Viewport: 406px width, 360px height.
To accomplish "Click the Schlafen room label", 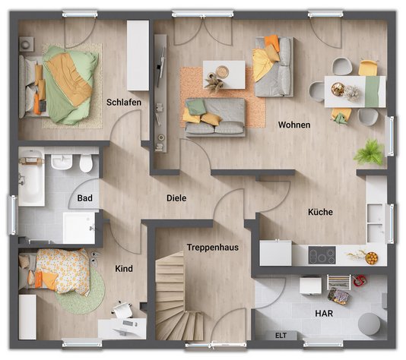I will click(122, 102).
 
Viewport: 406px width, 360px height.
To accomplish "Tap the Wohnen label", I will click(293, 125).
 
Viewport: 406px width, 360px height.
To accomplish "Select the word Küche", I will click(320, 213).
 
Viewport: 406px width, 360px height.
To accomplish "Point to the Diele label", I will click(176, 198).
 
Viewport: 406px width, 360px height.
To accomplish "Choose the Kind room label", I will click(124, 269).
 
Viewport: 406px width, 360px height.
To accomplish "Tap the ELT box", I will click(281, 334).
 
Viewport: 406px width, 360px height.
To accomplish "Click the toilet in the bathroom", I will click(85, 163).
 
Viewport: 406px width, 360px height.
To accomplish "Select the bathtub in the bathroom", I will click(31, 178).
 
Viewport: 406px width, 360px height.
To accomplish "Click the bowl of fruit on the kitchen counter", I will click(371, 257).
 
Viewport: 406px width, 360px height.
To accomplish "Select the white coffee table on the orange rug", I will click(224, 74).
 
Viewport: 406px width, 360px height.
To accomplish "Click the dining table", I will click(355, 91).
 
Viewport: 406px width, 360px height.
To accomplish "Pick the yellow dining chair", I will click(368, 68).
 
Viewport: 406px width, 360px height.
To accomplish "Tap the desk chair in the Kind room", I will click(122, 310).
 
